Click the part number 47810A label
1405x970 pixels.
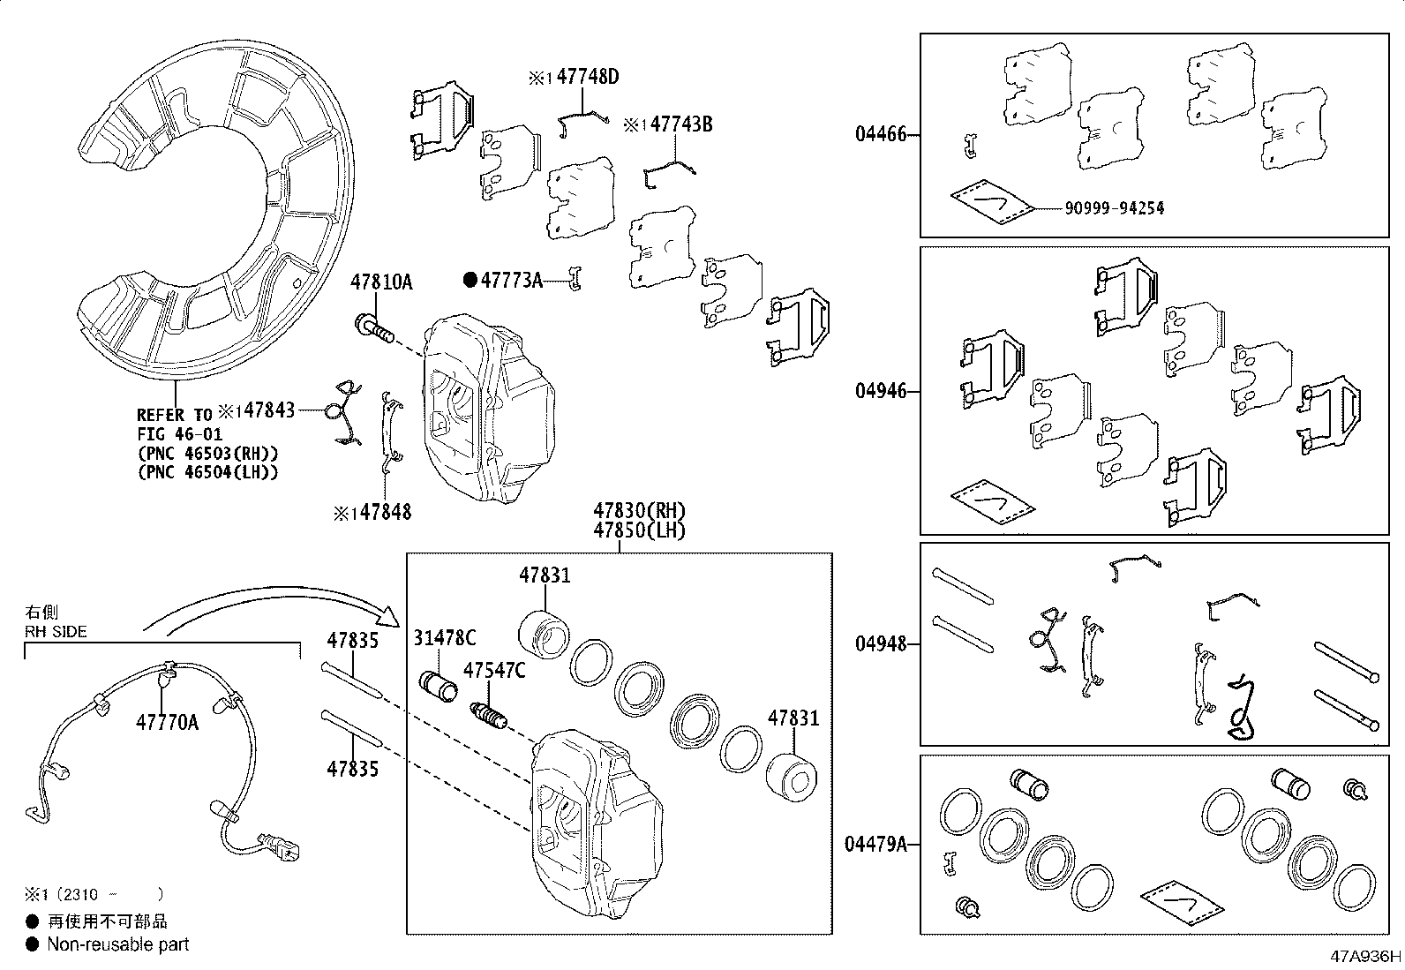[x=381, y=282]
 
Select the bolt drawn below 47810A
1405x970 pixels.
[x=373, y=327]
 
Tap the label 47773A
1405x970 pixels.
[x=510, y=281]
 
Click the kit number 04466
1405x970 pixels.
[x=880, y=136]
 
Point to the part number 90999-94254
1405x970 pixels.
[x=1114, y=209]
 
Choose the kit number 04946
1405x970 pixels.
[x=880, y=391]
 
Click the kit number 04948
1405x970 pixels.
[x=880, y=644]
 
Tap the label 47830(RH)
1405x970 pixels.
[x=639, y=511]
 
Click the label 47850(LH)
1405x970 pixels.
[x=639, y=530]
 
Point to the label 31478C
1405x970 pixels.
[x=445, y=638]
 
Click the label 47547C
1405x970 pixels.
[x=494, y=671]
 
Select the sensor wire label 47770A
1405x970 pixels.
[x=167, y=724]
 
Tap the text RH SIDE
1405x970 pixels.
[x=56, y=631]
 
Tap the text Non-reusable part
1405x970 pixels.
[x=117, y=944]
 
